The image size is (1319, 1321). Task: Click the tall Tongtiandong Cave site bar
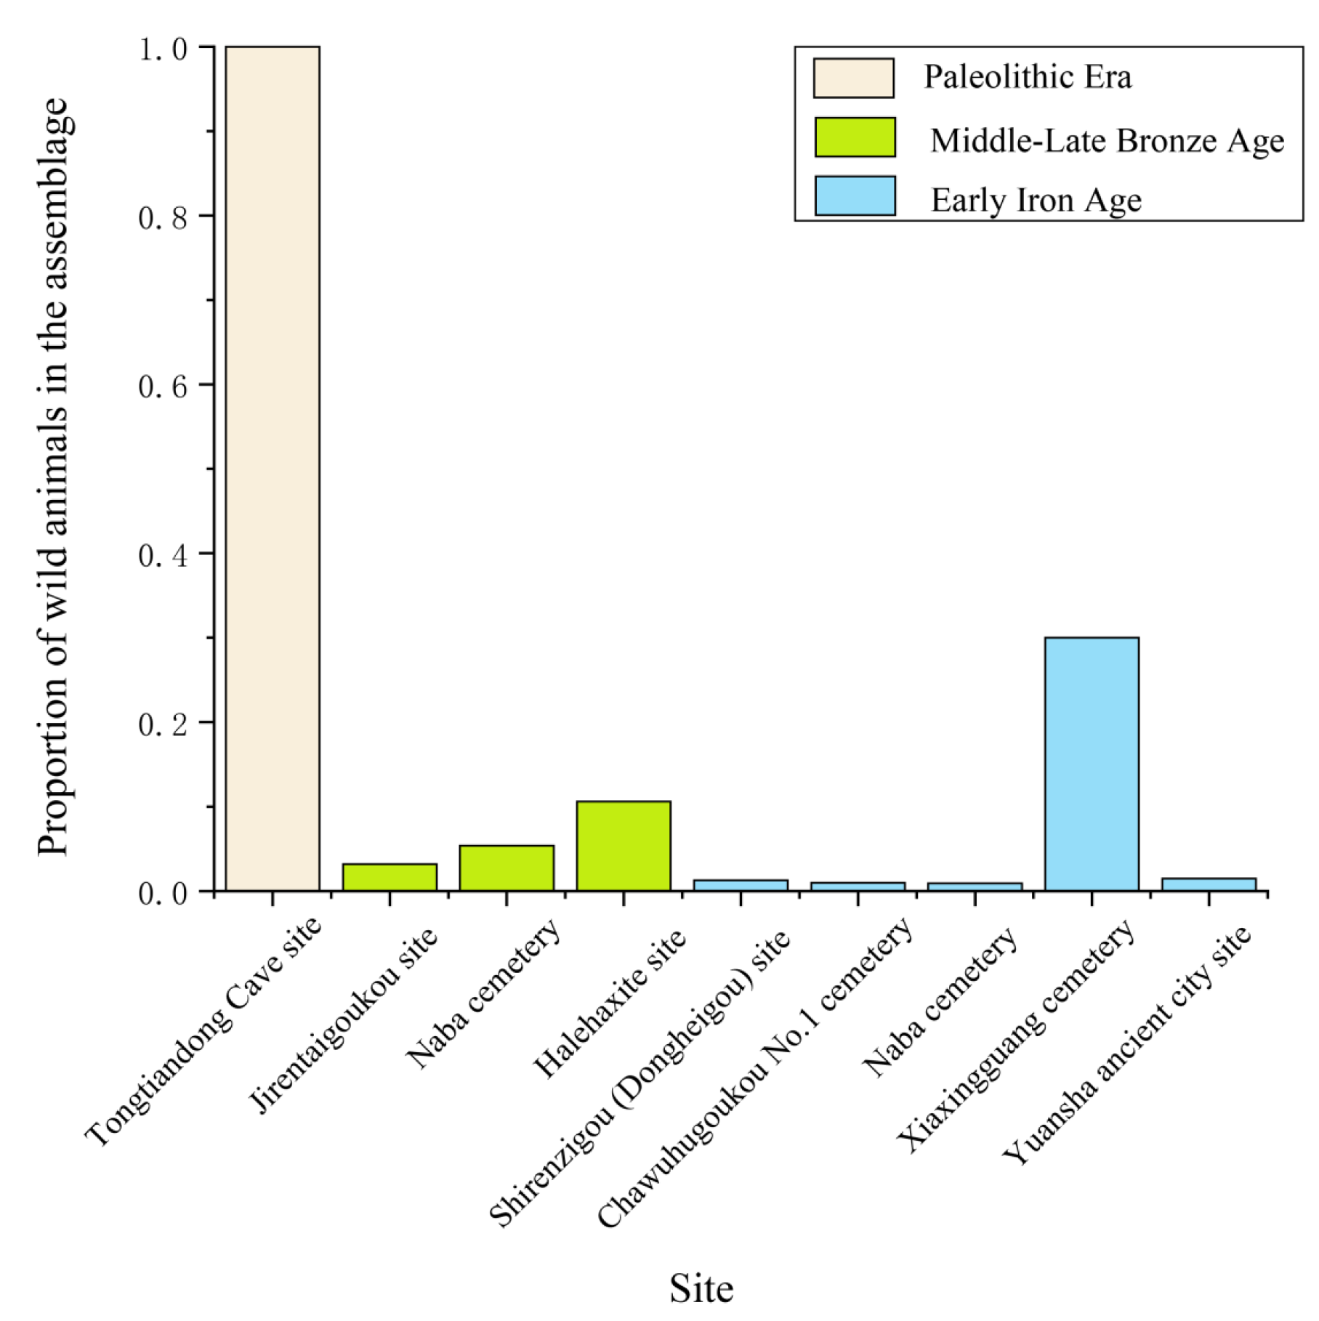(273, 469)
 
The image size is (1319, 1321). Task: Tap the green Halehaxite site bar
(624, 846)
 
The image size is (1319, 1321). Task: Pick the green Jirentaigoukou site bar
(390, 877)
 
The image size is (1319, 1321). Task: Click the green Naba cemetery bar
(507, 868)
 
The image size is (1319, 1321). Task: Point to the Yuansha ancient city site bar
(1209, 884)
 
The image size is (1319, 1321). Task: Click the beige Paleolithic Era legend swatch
(853, 78)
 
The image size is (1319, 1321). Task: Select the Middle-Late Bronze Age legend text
(1107, 141)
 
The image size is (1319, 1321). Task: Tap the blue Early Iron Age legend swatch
(855, 195)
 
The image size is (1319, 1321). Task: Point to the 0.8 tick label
(163, 217)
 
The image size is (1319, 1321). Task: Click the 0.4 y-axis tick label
(163, 555)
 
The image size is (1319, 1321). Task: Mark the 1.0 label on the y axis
(163, 49)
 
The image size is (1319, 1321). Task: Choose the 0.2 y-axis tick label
(163, 724)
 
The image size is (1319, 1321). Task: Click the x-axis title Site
(701, 1288)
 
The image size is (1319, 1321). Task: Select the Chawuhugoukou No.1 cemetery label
(756, 1072)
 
